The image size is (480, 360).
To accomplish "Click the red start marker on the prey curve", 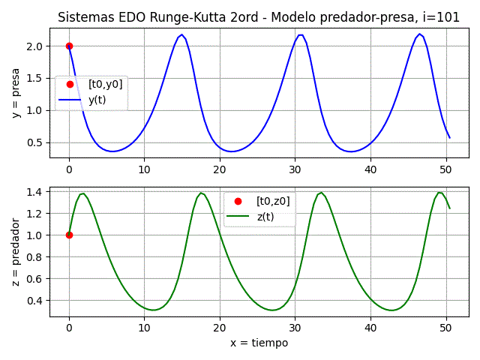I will tap(69, 46).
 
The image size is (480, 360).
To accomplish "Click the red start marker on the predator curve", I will tap(69, 235).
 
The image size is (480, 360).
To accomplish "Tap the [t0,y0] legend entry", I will tap(105, 84).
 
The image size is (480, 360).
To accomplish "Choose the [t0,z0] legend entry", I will tap(273, 201).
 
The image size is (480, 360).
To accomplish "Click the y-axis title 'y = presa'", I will tap(16, 93).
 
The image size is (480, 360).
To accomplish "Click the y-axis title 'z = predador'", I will tap(16, 247).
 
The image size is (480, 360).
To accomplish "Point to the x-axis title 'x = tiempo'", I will tap(259, 343).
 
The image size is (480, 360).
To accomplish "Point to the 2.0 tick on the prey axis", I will tap(34, 46).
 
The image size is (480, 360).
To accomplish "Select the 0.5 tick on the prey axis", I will tap(34, 142).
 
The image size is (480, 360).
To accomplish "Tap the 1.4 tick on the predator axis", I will tap(34, 192).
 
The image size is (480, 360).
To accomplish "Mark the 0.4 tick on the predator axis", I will tap(34, 300).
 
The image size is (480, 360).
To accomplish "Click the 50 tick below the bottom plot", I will tap(445, 327).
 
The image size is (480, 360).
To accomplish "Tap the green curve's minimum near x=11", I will tap(153, 310).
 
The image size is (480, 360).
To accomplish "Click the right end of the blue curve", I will tap(449, 137).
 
